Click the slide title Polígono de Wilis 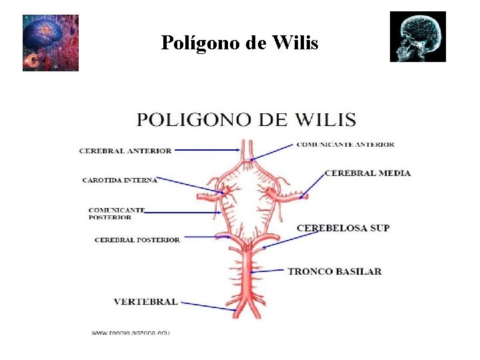pyautogui.click(x=239, y=43)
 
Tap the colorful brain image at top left pyautogui.click(x=51, y=43)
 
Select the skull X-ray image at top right pyautogui.click(x=418, y=37)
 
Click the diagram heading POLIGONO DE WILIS pyautogui.click(x=246, y=121)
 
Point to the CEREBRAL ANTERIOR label pyautogui.click(x=125, y=151)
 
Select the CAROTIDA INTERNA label pyautogui.click(x=119, y=180)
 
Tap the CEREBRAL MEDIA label pyautogui.click(x=367, y=173)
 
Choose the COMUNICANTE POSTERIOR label pyautogui.click(x=116, y=213)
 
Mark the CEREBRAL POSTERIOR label pyautogui.click(x=137, y=240)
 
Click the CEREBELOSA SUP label pyautogui.click(x=343, y=228)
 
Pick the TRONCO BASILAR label pyautogui.click(x=334, y=271)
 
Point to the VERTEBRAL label pyautogui.click(x=145, y=301)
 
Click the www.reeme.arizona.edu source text pyautogui.click(x=131, y=332)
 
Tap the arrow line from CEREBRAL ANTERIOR pyautogui.click(x=207, y=151)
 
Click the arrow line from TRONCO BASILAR pyautogui.click(x=270, y=271)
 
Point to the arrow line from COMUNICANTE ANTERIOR pyautogui.click(x=273, y=151)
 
